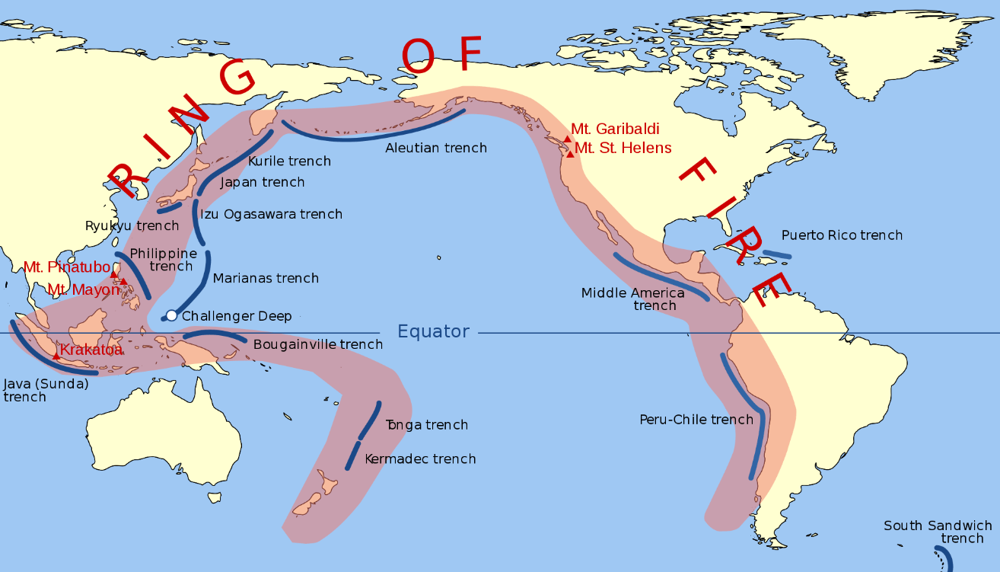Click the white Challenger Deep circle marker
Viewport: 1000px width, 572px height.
(171, 315)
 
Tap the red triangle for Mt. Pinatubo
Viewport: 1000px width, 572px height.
(114, 274)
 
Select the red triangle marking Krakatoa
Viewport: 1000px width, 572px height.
(56, 356)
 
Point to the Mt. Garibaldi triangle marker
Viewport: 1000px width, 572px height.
(567, 139)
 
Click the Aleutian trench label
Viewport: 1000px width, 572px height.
(435, 148)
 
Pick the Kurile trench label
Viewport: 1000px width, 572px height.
(289, 161)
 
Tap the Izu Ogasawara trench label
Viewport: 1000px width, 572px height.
(271, 214)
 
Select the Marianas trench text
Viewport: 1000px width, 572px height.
(266, 278)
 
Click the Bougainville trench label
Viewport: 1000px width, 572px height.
(317, 344)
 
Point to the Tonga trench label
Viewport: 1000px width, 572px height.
(426, 425)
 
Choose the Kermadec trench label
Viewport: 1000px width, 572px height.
(420, 459)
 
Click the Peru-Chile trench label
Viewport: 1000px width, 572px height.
(696, 420)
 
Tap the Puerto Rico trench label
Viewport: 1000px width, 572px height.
(842, 235)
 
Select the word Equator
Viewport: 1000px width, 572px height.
(434, 331)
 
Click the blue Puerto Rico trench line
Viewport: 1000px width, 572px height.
(777, 254)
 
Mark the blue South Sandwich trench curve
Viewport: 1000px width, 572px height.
(944, 557)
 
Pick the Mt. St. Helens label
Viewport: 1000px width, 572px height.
(623, 148)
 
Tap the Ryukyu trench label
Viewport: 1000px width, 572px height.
(132, 225)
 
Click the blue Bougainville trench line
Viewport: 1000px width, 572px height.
(215, 334)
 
